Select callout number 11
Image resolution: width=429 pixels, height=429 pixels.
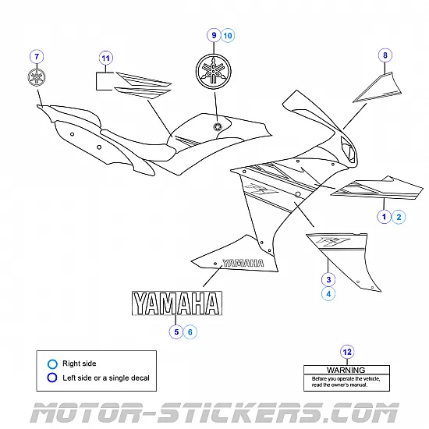tap(106, 57)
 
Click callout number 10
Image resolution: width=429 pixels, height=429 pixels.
tap(227, 35)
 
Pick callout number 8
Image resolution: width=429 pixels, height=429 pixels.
tap(384, 55)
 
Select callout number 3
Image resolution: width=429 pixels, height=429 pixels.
tap(328, 278)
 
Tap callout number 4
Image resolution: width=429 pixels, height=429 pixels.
tap(328, 294)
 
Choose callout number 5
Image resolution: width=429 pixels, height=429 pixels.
tap(176, 331)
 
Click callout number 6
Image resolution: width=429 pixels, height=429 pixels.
tap(191, 331)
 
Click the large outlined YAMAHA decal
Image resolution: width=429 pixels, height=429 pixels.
tap(175, 303)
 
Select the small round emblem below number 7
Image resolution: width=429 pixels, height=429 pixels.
tap(36, 77)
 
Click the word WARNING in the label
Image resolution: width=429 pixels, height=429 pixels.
tap(346, 370)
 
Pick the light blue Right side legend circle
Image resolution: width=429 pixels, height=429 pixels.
tap(51, 363)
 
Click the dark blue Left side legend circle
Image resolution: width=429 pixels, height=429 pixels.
tap(51, 378)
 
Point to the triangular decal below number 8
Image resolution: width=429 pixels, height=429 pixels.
tap(378, 88)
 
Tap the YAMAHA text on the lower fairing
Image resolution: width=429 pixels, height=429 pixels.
tap(243, 263)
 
